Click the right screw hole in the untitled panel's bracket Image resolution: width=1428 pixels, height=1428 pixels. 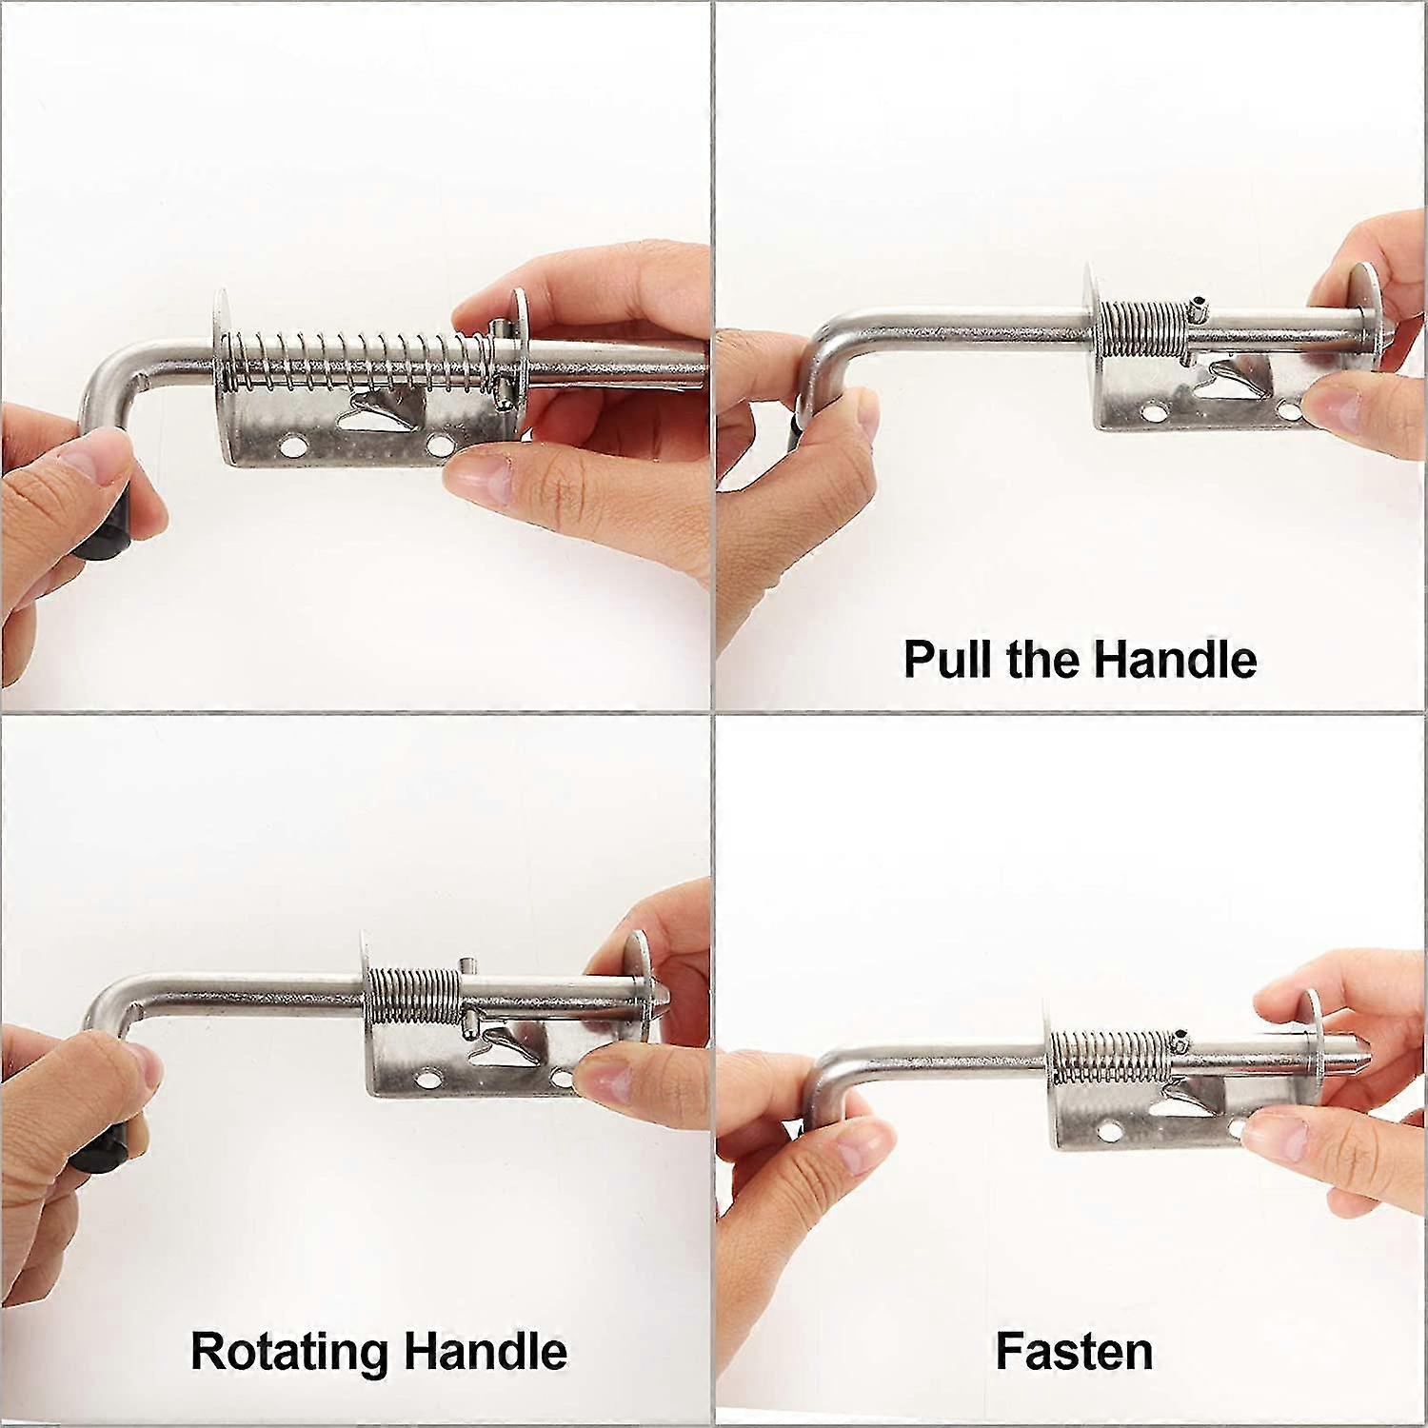[439, 444]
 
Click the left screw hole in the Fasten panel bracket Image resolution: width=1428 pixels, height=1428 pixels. [1107, 1132]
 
